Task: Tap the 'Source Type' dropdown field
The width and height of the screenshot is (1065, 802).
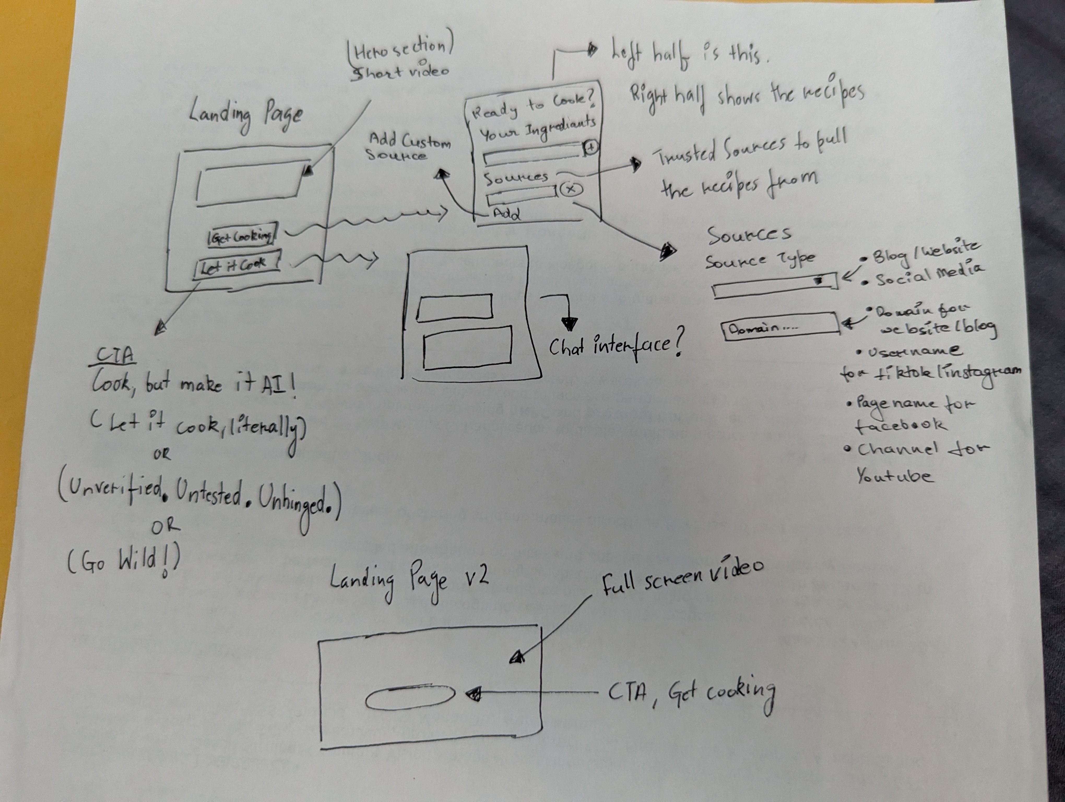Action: click(x=774, y=288)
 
